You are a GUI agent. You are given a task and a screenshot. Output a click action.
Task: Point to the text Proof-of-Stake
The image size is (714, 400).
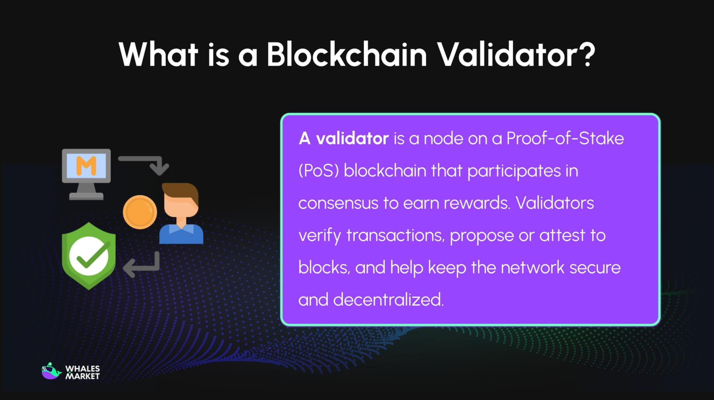pyautogui.click(x=565, y=139)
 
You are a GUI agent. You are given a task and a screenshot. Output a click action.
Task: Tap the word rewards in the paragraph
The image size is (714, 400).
pyautogui.click(x=477, y=203)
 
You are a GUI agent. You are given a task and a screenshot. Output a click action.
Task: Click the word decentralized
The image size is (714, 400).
pyautogui.click(x=388, y=300)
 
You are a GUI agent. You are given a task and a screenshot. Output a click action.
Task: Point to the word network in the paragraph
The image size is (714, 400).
pyautogui.click(x=532, y=267)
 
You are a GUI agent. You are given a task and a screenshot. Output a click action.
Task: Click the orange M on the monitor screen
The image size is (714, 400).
pyautogui.click(x=86, y=166)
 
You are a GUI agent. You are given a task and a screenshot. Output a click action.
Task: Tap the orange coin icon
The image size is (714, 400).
pyautogui.click(x=140, y=212)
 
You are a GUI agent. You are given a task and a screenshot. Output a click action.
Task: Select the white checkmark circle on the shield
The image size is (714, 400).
pyautogui.click(x=89, y=256)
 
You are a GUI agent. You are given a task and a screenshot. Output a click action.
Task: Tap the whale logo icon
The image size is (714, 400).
pyautogui.click(x=51, y=371)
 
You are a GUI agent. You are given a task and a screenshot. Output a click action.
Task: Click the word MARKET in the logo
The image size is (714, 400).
pyautogui.click(x=82, y=376)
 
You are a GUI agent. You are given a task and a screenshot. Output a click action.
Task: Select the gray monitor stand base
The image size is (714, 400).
pyautogui.click(x=86, y=196)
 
